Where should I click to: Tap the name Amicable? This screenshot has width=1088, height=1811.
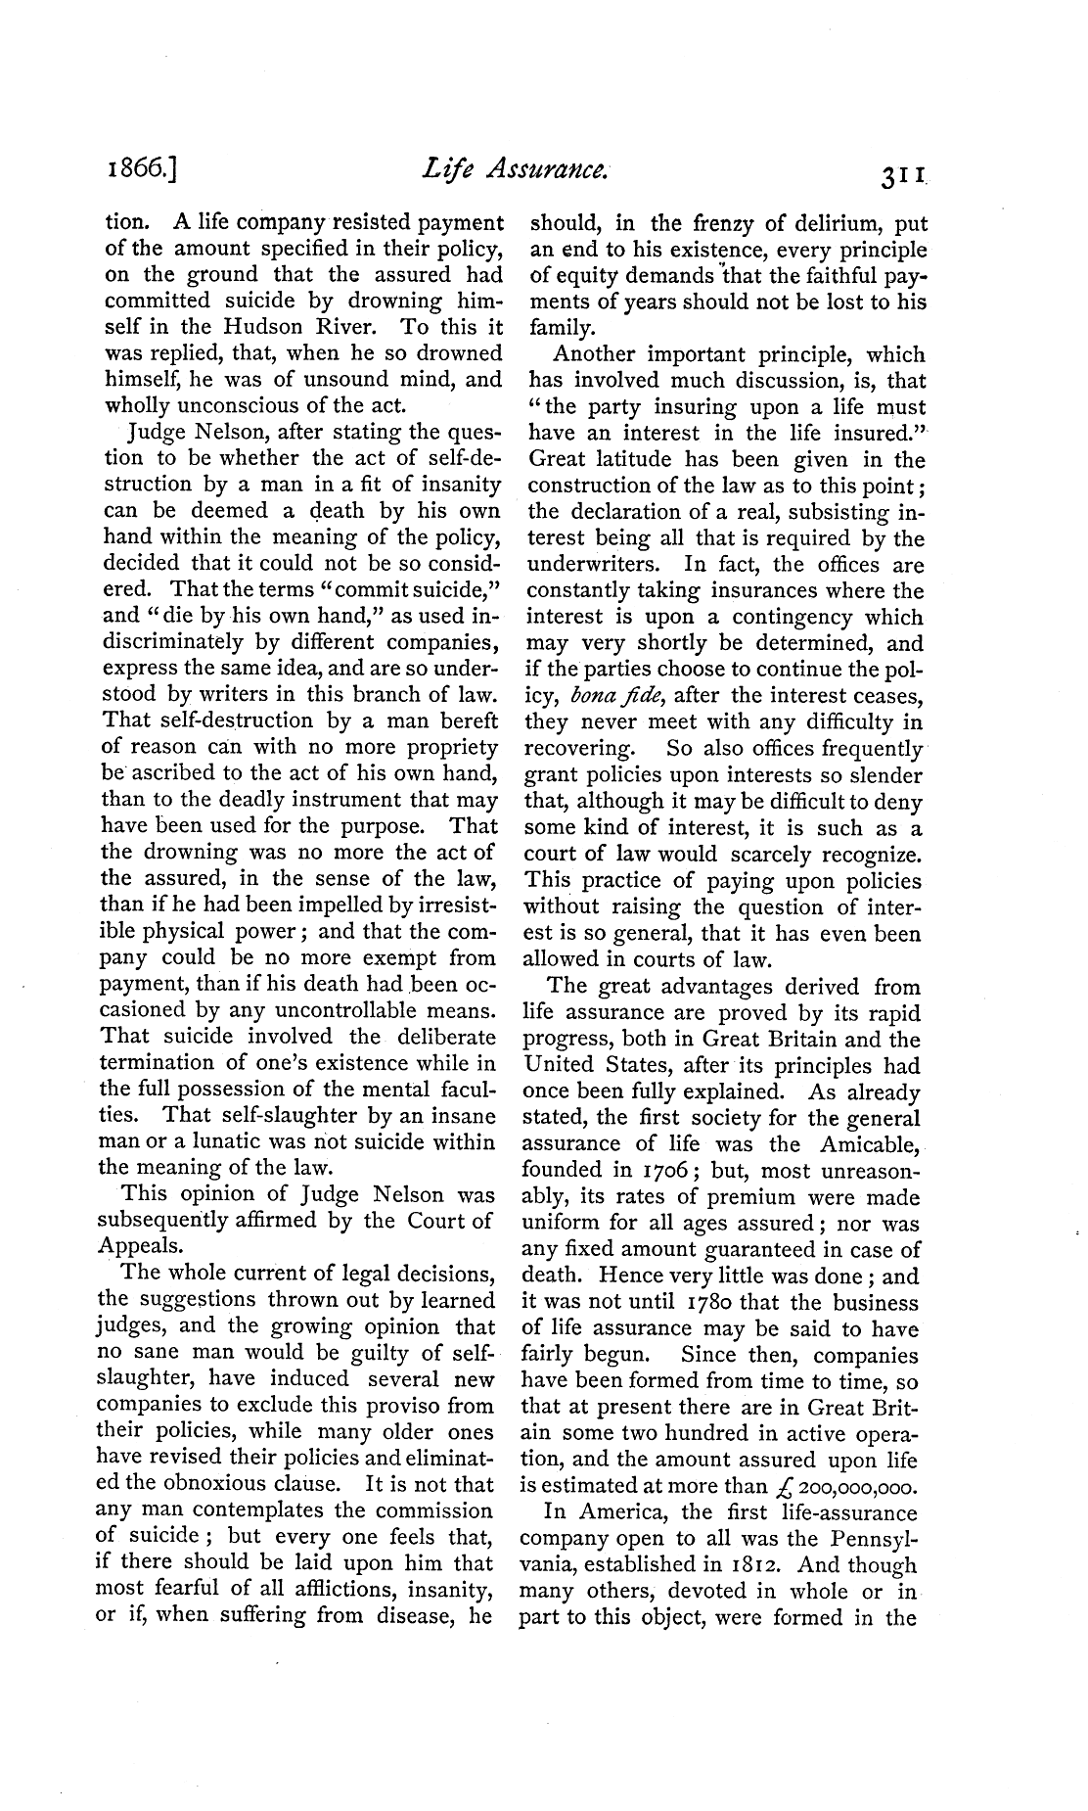coord(866,1144)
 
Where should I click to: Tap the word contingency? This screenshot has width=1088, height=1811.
coord(742,618)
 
